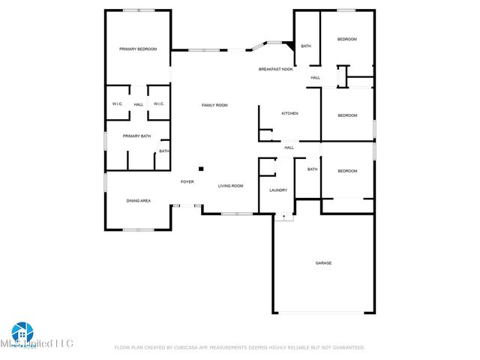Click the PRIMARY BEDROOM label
(139, 49)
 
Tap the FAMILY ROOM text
(214, 105)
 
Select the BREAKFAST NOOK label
(276, 69)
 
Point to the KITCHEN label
(289, 113)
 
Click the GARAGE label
(323, 262)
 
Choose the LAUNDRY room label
(278, 190)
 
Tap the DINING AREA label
(138, 200)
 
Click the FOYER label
(187, 181)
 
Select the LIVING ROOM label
(231, 185)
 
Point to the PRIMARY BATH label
(137, 136)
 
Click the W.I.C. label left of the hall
(118, 104)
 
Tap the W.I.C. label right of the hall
(158, 104)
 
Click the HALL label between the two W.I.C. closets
(139, 104)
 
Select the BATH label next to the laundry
(312, 169)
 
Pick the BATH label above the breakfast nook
(306, 46)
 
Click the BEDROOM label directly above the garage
(347, 171)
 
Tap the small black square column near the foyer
(200, 169)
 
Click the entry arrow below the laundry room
(283, 217)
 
